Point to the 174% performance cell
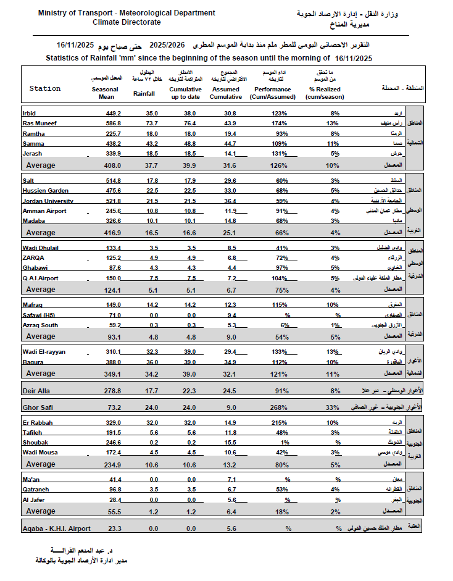280,123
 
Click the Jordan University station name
48,201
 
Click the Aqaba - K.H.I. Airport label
56,529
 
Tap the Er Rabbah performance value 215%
280,423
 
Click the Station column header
45,88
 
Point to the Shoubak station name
36,443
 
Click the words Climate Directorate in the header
127,22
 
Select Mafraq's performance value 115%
280,304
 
